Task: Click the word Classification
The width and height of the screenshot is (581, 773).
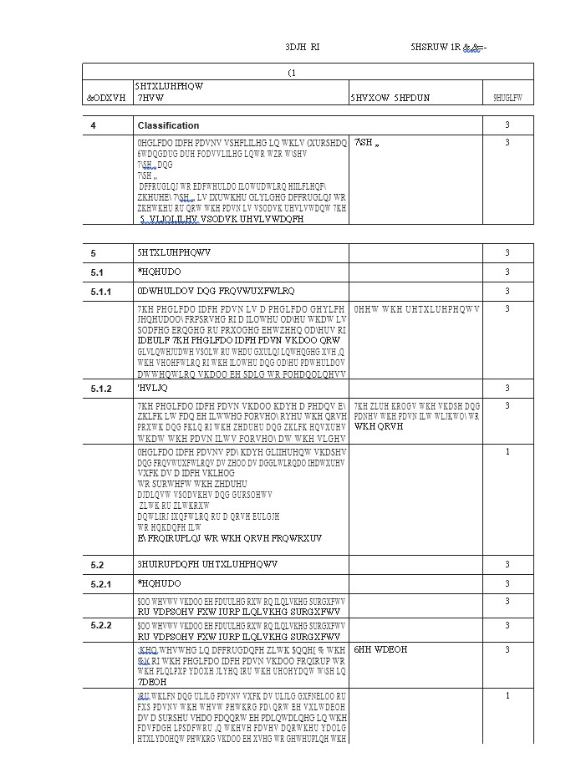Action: pyautogui.click(x=168, y=125)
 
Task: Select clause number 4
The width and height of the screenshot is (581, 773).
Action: pyautogui.click(x=94, y=125)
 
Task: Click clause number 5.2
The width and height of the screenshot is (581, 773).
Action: pyautogui.click(x=96, y=565)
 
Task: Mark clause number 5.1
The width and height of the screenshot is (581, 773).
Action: pyautogui.click(x=96, y=272)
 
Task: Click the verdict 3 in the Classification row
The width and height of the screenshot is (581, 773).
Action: pyautogui.click(x=507, y=125)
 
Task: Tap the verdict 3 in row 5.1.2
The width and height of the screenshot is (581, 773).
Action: pyautogui.click(x=507, y=389)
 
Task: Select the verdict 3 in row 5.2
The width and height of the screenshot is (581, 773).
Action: pyautogui.click(x=507, y=565)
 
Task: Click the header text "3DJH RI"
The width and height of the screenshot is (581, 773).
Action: pyautogui.click(x=302, y=48)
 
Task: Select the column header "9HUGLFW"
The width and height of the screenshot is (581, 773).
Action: pyautogui.click(x=507, y=98)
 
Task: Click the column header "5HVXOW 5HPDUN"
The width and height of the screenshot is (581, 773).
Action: pyautogui.click(x=390, y=98)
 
